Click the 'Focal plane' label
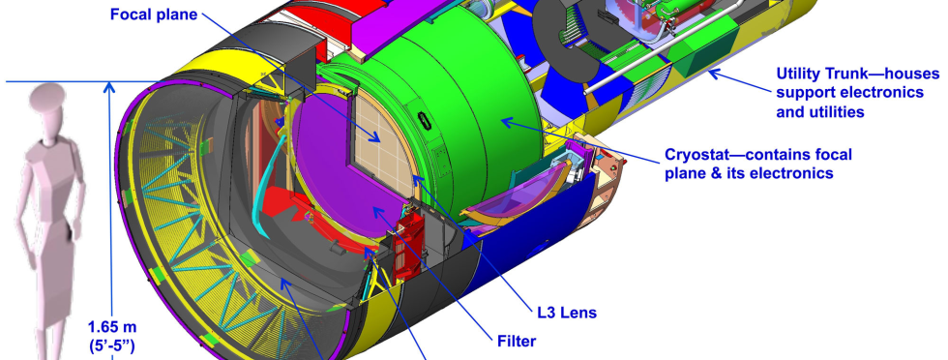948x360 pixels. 154,14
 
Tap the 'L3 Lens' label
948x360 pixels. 567,313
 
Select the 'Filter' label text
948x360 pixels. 517,342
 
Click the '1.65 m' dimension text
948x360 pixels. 112,327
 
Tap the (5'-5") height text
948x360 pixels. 112,346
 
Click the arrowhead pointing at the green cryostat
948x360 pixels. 508,122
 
